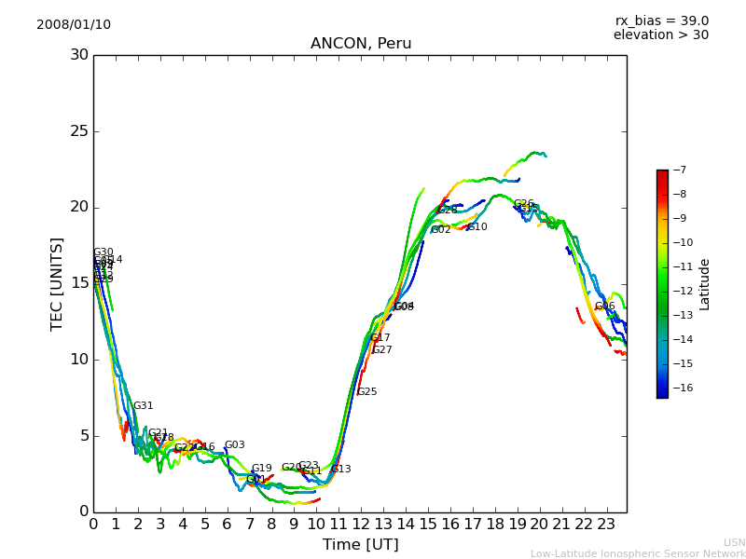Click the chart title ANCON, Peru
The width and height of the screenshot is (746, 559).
pyautogui.click(x=361, y=44)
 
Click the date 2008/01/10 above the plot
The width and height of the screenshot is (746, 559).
pyautogui.click(x=74, y=24)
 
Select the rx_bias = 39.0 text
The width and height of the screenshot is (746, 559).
pyautogui.click(x=661, y=20)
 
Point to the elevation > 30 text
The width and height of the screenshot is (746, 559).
pyautogui.click(x=660, y=35)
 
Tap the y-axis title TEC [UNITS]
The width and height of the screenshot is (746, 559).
pyautogui.click(x=57, y=283)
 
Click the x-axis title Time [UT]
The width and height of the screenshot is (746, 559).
pyautogui.click(x=360, y=545)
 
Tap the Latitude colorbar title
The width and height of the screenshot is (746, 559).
pyautogui.click(x=705, y=284)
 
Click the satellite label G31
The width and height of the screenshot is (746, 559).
pyautogui.click(x=143, y=406)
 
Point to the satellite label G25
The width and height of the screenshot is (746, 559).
pyautogui.click(x=367, y=392)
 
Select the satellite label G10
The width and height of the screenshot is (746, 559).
pyautogui.click(x=477, y=227)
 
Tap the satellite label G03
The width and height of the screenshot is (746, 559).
pyautogui.click(x=234, y=445)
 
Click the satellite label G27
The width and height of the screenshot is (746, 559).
pyautogui.click(x=382, y=350)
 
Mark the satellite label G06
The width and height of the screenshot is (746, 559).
pyautogui.click(x=605, y=307)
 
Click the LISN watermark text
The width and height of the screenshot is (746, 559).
pyautogui.click(x=734, y=542)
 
